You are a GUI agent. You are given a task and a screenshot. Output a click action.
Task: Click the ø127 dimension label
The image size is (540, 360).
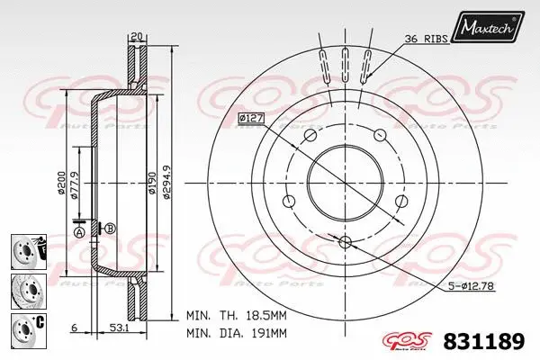pyautogui.click(x=251, y=118)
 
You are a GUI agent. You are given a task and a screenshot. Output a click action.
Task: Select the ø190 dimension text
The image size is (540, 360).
pyautogui.click(x=151, y=184)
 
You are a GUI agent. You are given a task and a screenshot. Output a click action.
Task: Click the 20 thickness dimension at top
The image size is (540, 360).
pyautogui.click(x=135, y=36)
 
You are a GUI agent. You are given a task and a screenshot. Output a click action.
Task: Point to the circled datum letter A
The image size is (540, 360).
pyautogui.click(x=79, y=232)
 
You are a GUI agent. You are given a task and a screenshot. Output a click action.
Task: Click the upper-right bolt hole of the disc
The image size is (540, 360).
pyautogui.click(x=381, y=134)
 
